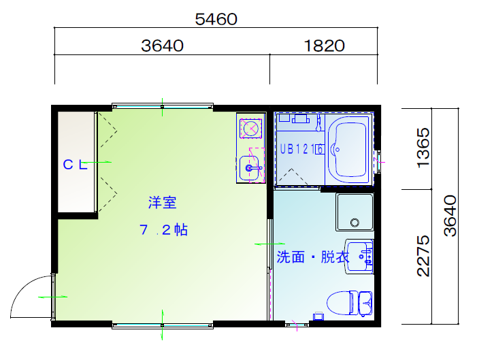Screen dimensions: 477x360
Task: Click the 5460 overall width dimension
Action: tap(216, 19)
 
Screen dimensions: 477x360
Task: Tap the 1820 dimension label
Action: tap(325, 46)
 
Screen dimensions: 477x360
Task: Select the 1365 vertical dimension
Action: tap(423, 148)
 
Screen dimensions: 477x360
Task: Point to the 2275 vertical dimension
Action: tap(423, 256)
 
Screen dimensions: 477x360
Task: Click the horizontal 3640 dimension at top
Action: tap(162, 46)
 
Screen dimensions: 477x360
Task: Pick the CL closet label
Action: tap(75, 165)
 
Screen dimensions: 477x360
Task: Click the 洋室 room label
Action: tap(162, 203)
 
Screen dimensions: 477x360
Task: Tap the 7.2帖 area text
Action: tap(163, 230)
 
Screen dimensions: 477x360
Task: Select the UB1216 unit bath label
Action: tap(301, 149)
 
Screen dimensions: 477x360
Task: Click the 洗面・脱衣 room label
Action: tap(313, 257)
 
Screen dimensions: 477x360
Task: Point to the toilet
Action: tap(349, 303)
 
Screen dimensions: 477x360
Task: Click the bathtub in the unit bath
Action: tap(350, 150)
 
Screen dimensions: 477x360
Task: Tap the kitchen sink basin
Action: tap(249, 168)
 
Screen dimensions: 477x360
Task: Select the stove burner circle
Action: tap(250, 129)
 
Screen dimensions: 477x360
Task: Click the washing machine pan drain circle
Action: tap(355, 223)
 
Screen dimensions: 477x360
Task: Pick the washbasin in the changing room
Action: tap(359, 257)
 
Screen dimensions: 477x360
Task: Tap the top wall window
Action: tap(163, 107)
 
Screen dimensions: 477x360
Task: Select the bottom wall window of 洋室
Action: tap(163, 325)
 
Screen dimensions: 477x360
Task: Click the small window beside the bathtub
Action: tap(378, 161)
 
